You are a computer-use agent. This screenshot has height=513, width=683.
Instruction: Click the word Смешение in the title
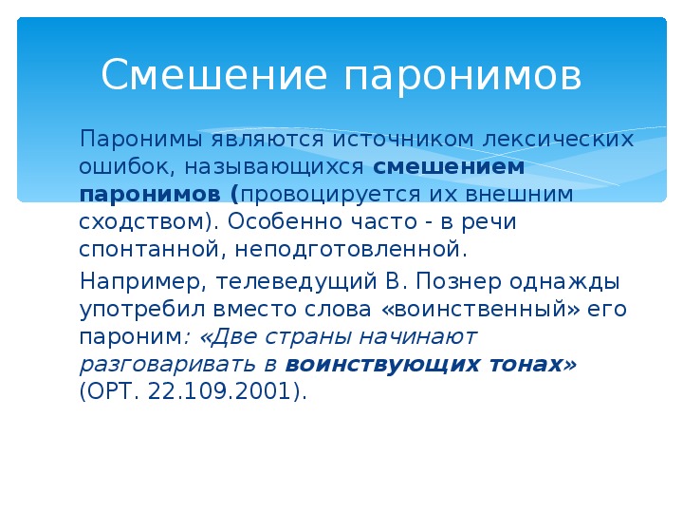213,74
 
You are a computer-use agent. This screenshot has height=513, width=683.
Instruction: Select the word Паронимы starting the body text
141,140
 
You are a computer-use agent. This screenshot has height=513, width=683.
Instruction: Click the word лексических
558,139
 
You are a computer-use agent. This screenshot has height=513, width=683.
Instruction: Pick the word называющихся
273,167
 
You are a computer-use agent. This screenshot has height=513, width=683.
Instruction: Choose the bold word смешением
449,166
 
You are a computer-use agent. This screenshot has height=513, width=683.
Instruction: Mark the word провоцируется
331,195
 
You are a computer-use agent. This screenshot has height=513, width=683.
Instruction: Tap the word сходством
141,221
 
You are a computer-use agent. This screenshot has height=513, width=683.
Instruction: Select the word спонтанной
153,250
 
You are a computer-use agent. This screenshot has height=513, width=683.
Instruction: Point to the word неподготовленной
347,250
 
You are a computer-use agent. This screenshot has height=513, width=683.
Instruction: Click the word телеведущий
296,282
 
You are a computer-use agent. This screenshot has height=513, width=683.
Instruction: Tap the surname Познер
459,282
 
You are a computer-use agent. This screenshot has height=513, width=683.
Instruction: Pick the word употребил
142,310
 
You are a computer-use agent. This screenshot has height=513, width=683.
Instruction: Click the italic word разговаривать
167,365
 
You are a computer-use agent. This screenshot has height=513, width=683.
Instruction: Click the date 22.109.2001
219,390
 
